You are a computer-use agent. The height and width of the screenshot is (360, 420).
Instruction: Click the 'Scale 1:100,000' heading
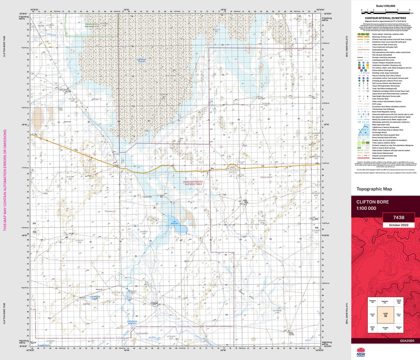click(385, 5)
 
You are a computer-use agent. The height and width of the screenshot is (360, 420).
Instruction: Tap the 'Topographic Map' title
click(374, 189)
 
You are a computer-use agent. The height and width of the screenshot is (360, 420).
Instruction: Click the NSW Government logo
click(361, 352)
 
